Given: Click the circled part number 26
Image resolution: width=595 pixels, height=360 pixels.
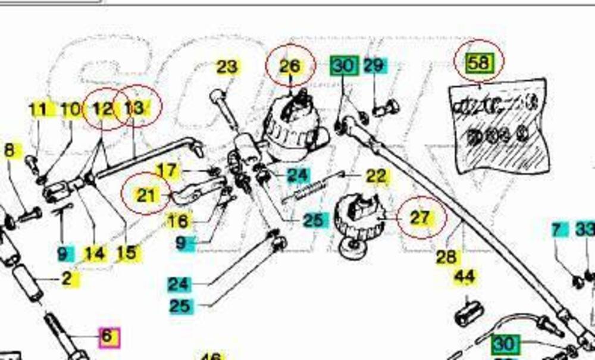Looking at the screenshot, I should (x=290, y=65).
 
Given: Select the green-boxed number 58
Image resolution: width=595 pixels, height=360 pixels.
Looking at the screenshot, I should (x=479, y=61).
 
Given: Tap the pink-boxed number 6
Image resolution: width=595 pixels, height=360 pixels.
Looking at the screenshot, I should (x=107, y=336).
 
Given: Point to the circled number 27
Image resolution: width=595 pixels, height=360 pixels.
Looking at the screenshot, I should (x=420, y=217).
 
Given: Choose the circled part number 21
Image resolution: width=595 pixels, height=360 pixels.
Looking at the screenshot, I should (x=146, y=195).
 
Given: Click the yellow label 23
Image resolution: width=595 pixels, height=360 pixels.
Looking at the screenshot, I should (x=227, y=67).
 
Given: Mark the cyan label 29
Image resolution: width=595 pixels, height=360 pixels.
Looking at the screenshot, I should (x=373, y=65).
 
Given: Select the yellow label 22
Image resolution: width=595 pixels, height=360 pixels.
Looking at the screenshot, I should (x=376, y=176).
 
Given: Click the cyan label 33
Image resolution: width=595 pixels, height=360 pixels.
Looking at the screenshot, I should (x=585, y=229).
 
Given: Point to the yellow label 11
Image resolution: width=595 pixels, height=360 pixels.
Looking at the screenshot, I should (x=37, y=109).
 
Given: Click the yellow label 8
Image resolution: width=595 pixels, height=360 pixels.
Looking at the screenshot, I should (x=8, y=150).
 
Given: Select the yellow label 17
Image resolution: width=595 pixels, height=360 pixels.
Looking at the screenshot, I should (x=167, y=171).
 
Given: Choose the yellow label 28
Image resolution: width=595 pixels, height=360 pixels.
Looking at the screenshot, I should (x=446, y=256).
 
